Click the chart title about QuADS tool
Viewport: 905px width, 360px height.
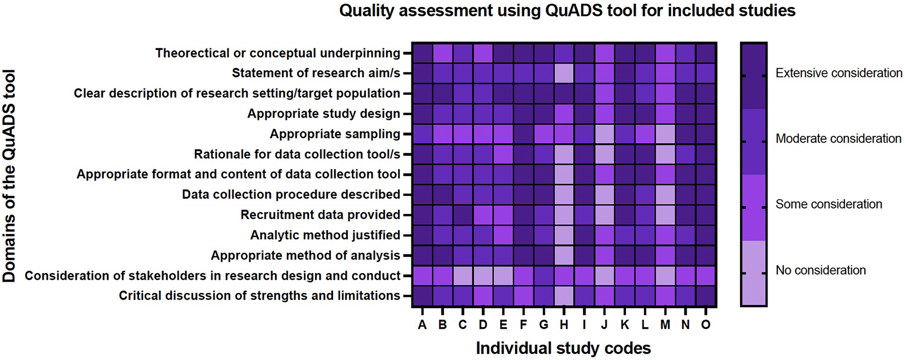click(x=567, y=11)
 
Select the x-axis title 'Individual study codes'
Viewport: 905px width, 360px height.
click(x=563, y=348)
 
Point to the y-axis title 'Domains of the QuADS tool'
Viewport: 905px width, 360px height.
click(x=10, y=176)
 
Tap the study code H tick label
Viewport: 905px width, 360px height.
click(x=564, y=325)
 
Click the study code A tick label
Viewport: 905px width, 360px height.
click(x=422, y=325)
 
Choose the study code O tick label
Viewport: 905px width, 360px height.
click(x=706, y=325)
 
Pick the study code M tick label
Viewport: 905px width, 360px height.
click(x=665, y=325)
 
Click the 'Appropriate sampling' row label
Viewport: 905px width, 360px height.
click(x=335, y=134)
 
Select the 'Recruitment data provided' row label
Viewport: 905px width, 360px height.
click(x=320, y=215)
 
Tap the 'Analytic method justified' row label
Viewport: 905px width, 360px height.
click(x=325, y=235)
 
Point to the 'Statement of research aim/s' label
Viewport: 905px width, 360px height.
click(x=316, y=73)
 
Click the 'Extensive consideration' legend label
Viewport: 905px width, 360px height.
click(x=839, y=73)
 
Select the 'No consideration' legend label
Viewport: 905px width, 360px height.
click(x=820, y=270)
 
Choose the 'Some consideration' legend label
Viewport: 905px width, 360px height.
click(x=829, y=204)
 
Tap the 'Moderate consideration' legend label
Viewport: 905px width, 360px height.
click(x=838, y=139)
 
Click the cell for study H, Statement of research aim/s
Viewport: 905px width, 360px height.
click(x=564, y=73)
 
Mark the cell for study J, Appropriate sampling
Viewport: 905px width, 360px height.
click(x=604, y=134)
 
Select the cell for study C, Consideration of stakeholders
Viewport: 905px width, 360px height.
click(x=463, y=275)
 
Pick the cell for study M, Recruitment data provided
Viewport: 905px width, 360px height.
click(x=665, y=215)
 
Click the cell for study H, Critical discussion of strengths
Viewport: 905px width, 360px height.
click(x=564, y=295)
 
